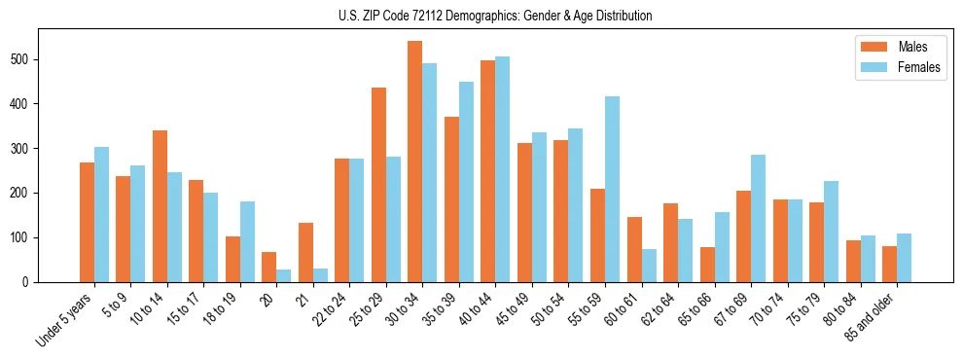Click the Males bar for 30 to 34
click(x=415, y=162)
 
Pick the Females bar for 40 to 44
click(x=503, y=169)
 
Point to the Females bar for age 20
click(x=284, y=275)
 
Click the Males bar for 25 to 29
click(x=378, y=185)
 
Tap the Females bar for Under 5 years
click(x=101, y=215)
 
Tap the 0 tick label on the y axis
click(x=31, y=282)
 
